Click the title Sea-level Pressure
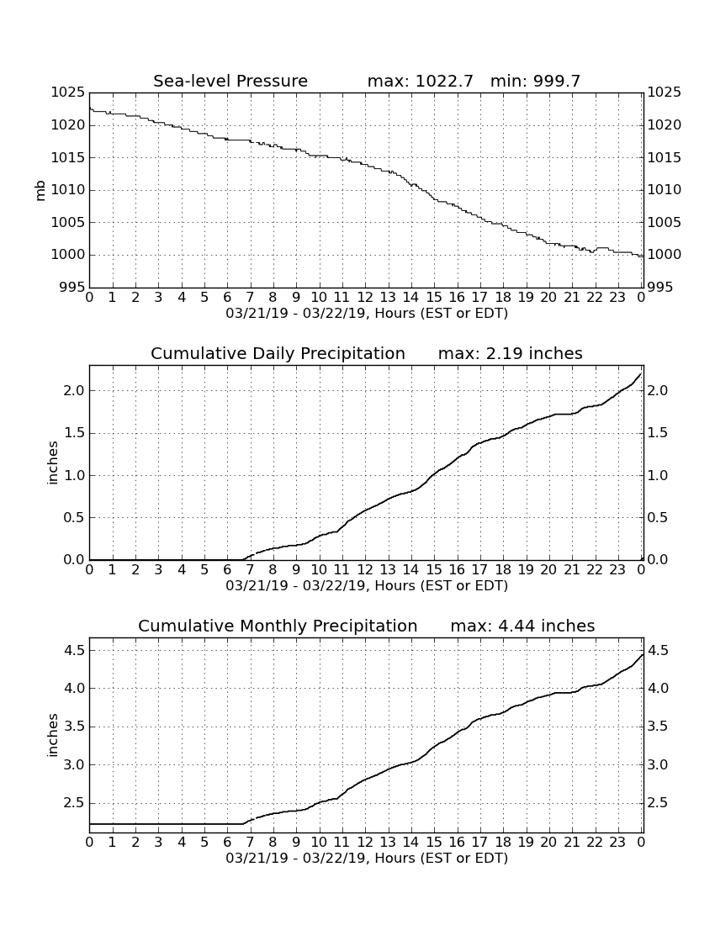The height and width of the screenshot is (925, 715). point(230,81)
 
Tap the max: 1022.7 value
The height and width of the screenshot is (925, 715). point(420,81)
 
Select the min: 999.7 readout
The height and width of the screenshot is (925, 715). point(535,81)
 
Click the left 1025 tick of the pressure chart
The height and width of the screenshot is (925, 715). point(68,92)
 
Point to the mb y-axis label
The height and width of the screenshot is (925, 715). point(40,191)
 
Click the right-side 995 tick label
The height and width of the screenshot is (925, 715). point(665,288)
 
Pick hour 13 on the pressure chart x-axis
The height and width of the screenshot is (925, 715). point(388,298)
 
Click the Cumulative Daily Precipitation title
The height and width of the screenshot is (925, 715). point(278,353)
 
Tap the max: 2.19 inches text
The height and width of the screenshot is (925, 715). point(511,353)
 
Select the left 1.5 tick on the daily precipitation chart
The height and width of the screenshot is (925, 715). point(74,433)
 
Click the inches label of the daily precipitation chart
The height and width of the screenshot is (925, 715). point(53,463)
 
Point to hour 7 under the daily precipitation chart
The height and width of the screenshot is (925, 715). point(250,570)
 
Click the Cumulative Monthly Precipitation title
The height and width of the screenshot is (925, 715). point(278,626)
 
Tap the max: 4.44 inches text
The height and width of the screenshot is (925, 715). point(522,626)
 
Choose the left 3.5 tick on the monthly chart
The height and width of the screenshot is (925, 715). point(74,727)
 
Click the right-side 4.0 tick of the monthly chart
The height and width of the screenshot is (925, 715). point(659,689)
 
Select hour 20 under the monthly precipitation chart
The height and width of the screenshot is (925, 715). point(548,842)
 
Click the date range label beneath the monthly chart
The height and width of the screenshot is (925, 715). point(367,858)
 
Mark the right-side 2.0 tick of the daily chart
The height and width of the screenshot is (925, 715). point(659,390)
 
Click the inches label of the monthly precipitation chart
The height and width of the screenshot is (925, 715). point(53,736)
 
